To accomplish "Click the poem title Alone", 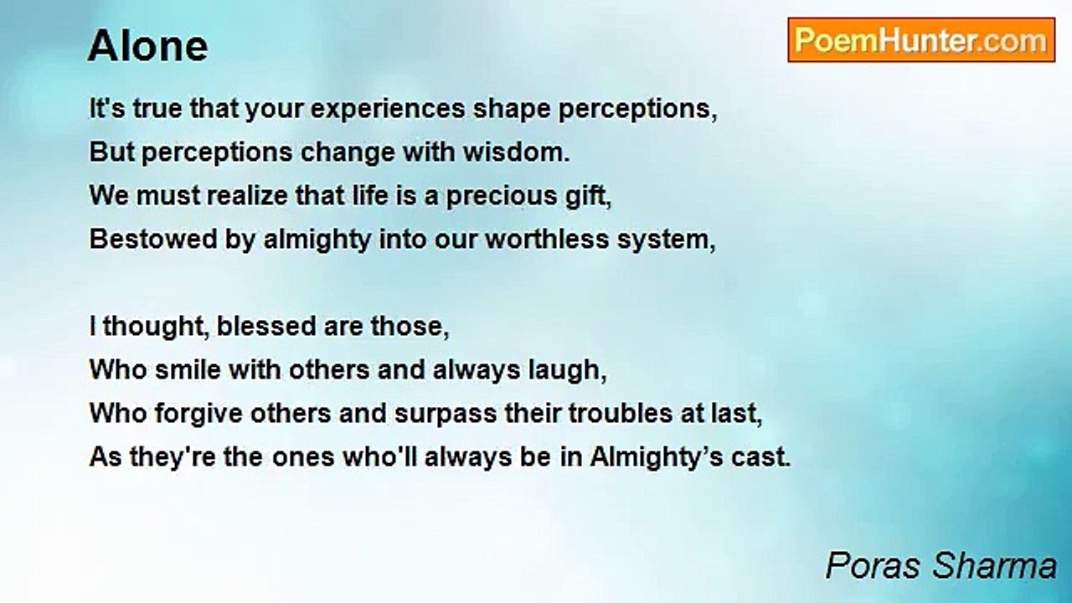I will pyautogui.click(x=147, y=47).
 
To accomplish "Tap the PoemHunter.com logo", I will pyautogui.click(x=921, y=40).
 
